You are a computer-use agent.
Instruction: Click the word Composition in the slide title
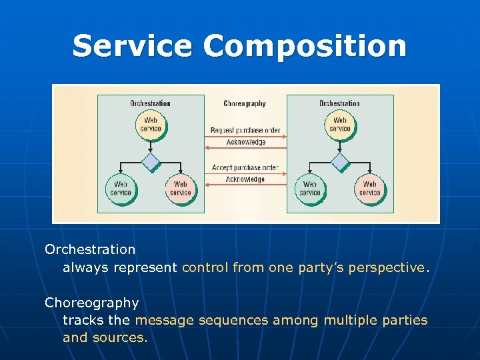[x=305, y=46]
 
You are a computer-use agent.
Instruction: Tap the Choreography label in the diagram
[x=245, y=103]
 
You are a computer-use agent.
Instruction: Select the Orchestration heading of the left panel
[x=150, y=103]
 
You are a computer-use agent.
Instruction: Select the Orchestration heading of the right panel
[x=339, y=103]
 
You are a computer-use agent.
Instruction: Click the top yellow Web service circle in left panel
[x=151, y=125]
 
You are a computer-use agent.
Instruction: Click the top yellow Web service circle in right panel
[x=340, y=125]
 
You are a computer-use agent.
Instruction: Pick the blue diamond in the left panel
[x=151, y=162]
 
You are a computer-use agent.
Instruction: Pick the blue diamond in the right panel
[x=340, y=162]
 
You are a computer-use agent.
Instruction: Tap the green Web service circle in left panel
[x=121, y=189]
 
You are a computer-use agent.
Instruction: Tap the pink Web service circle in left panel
[x=180, y=189]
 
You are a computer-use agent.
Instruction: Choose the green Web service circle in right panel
[x=310, y=189]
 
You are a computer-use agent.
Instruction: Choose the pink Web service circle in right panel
[x=369, y=189]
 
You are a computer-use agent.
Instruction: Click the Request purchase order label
[x=245, y=130]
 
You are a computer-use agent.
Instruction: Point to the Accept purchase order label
[x=245, y=167]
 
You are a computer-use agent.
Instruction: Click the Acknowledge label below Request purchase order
[x=245, y=142]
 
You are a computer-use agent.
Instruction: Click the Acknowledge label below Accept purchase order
[x=245, y=179]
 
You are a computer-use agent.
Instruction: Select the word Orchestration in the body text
[x=90, y=249]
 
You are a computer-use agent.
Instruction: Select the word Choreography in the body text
[x=91, y=303]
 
